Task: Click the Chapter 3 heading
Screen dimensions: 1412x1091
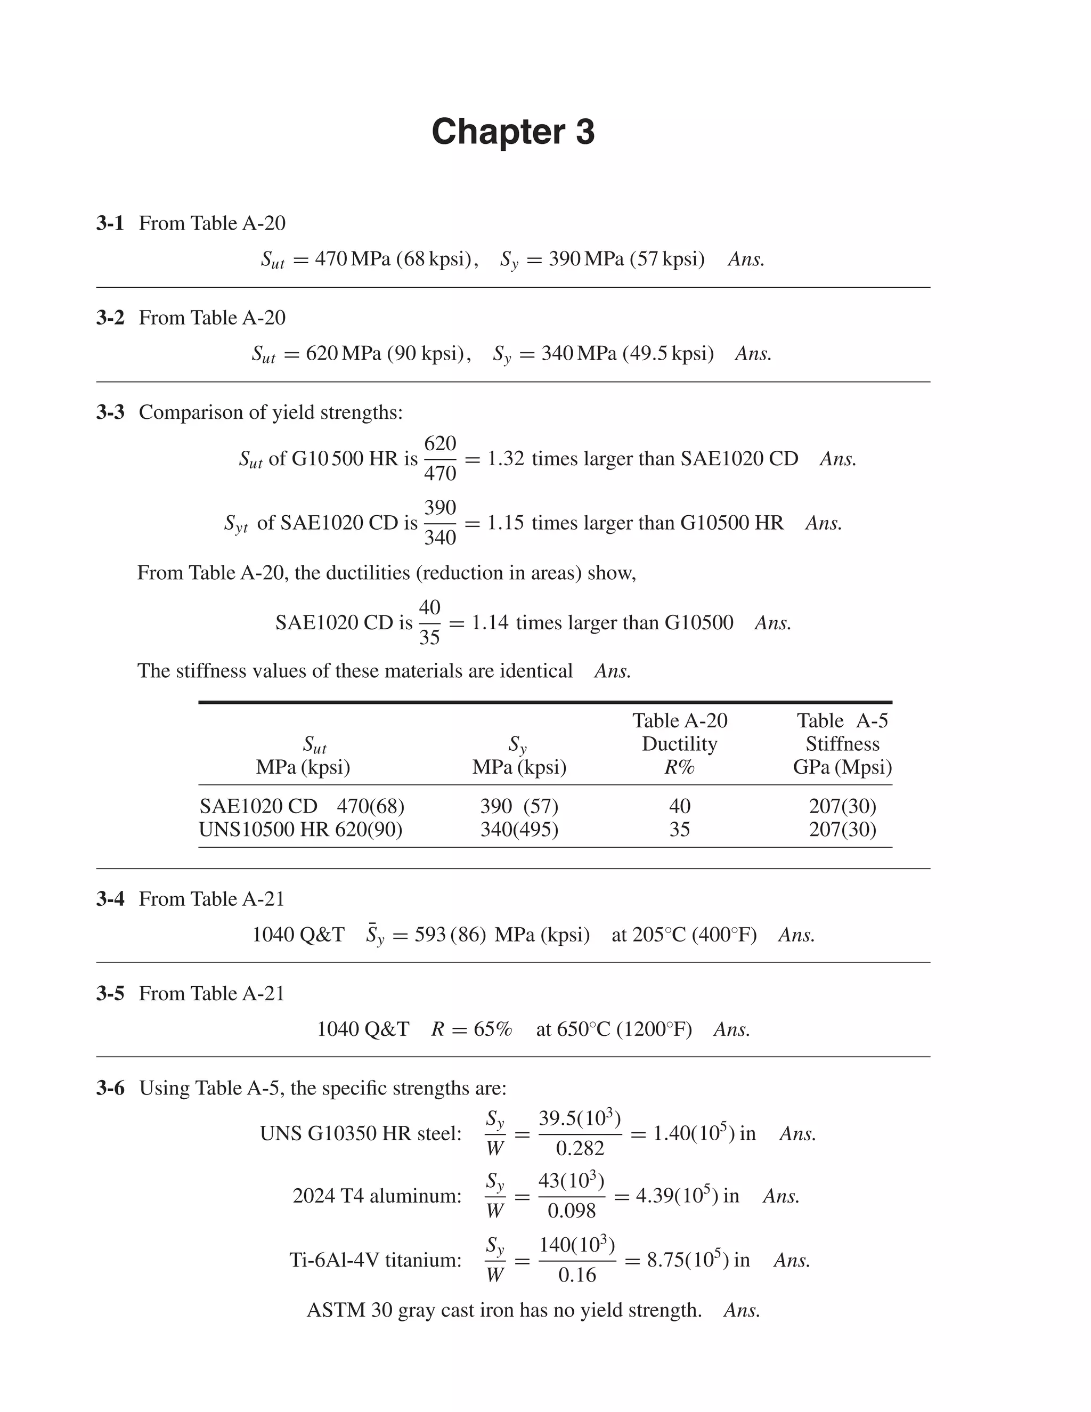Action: pyautogui.click(x=512, y=132)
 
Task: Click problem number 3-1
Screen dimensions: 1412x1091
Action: pyautogui.click(x=110, y=224)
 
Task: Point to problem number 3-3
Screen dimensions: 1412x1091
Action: pyautogui.click(x=110, y=412)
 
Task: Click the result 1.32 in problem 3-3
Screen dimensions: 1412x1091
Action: pyautogui.click(x=506, y=459)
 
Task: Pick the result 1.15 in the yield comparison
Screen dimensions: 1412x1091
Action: pyautogui.click(x=506, y=523)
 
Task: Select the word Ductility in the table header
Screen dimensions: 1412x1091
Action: pyautogui.click(x=679, y=744)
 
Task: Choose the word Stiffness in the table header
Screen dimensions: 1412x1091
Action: pyautogui.click(x=842, y=744)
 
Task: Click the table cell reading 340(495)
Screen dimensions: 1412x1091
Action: pyautogui.click(x=519, y=830)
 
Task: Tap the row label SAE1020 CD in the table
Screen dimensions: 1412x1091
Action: pyautogui.click(x=258, y=806)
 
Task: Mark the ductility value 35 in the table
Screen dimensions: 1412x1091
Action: pyautogui.click(x=679, y=830)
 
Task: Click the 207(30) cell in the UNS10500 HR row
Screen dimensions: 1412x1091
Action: pyautogui.click(x=842, y=830)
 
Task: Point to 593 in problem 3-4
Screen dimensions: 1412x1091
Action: pyautogui.click(x=430, y=936)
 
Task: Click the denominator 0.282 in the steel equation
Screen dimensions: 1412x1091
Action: pyautogui.click(x=580, y=1149)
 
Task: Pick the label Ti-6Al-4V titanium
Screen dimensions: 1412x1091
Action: pyautogui.click(x=376, y=1260)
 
